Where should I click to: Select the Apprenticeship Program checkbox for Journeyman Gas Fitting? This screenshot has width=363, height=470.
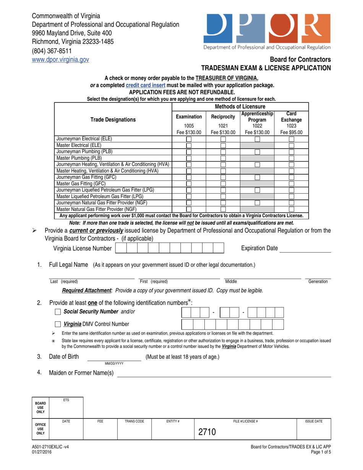click(x=257, y=177)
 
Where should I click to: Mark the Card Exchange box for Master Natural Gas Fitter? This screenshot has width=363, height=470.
click(x=291, y=209)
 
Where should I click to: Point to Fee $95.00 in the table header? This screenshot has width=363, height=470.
click(x=291, y=133)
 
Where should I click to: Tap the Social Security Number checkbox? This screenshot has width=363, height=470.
click(x=58, y=312)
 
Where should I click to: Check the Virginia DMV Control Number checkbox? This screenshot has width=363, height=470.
click(x=58, y=324)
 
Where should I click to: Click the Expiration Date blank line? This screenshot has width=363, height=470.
click(x=306, y=249)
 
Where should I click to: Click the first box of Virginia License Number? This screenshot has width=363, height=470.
click(x=121, y=248)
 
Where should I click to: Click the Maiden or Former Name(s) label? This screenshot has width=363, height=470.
click(x=81, y=373)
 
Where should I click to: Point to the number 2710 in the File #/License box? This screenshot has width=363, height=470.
click(x=207, y=432)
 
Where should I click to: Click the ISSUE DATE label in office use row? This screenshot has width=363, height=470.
click(x=313, y=421)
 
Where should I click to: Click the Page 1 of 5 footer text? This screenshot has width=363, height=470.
click(x=320, y=452)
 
